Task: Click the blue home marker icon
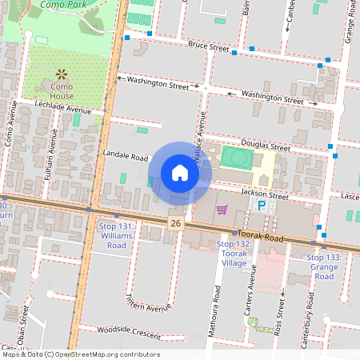(x=180, y=172)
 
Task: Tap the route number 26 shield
(x=176, y=222)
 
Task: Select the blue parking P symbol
(x=261, y=206)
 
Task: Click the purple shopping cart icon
(x=222, y=209)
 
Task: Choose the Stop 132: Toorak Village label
(x=234, y=253)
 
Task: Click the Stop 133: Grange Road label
(x=323, y=266)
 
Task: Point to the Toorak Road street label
(x=264, y=238)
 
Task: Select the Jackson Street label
(x=266, y=194)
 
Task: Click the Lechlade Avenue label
(x=69, y=107)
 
